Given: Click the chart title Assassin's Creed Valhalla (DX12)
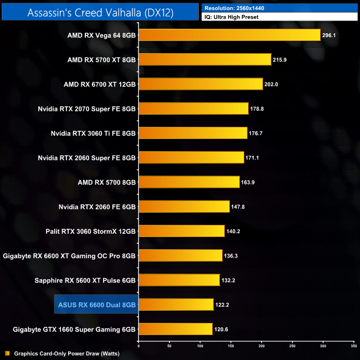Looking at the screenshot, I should tap(100, 12).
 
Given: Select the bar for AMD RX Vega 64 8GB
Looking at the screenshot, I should tap(229, 35).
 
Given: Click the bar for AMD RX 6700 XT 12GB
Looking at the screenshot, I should tap(200, 84).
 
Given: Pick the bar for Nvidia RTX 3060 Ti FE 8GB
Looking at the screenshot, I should tap(193, 133).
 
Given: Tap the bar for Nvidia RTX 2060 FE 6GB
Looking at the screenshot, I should tap(184, 206).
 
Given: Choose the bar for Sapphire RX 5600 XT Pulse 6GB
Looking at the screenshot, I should tap(179, 280).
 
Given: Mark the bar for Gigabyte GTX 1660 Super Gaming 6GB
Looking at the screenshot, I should tap(176, 329).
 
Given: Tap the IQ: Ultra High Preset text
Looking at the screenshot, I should tap(232, 17).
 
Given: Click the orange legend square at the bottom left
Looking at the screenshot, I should tap(7, 353).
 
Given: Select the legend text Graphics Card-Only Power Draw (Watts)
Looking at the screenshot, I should tap(66, 353).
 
